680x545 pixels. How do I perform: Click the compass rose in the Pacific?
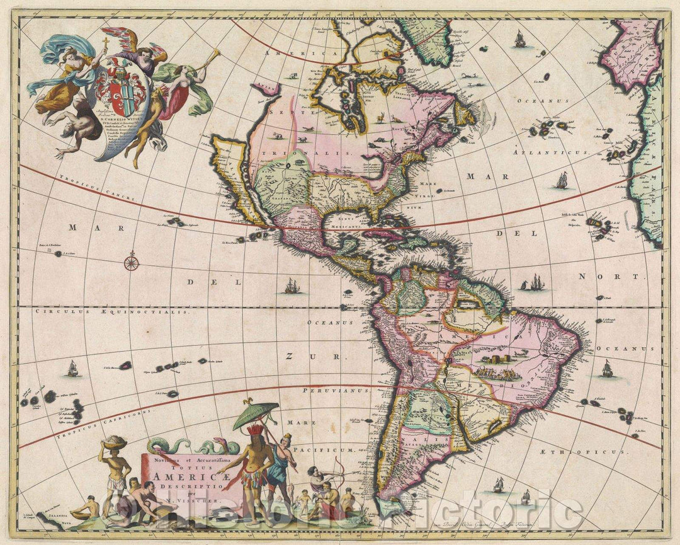pos(131,261)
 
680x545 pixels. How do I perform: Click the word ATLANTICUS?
pos(550,152)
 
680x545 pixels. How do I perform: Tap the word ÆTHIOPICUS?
pos(582,452)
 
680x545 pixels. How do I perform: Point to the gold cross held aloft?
pos(106,45)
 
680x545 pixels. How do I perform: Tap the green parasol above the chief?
pos(256,415)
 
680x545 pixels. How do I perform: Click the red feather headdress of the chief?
pos(254,431)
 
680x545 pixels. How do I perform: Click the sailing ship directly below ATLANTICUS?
pos(562,181)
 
